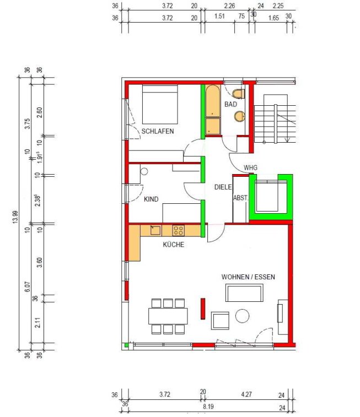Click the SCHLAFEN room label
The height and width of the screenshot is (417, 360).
point(158,131)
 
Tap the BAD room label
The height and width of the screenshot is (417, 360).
point(230,104)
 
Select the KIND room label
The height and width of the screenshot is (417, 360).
point(151,199)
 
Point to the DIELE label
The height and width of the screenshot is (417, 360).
point(223,187)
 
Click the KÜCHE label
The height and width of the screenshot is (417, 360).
point(174,245)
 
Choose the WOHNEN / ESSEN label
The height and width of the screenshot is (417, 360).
point(248,277)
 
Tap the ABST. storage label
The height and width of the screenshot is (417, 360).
point(240,198)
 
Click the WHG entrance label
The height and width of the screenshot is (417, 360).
point(250,168)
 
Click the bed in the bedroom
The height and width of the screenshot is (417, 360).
point(160,105)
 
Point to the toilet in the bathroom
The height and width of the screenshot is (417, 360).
point(239,94)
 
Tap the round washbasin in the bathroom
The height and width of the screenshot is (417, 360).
point(240,116)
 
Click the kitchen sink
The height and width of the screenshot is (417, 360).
point(155,230)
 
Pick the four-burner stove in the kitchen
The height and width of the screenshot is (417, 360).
point(178,231)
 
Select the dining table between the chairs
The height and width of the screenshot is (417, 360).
point(168,316)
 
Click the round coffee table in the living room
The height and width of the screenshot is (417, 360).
point(242,316)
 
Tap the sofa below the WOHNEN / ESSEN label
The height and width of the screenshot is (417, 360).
point(244,293)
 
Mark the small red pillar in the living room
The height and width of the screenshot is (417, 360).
point(203,308)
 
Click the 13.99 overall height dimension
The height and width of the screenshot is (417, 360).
point(15,216)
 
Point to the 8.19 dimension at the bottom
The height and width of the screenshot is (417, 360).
point(208,407)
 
